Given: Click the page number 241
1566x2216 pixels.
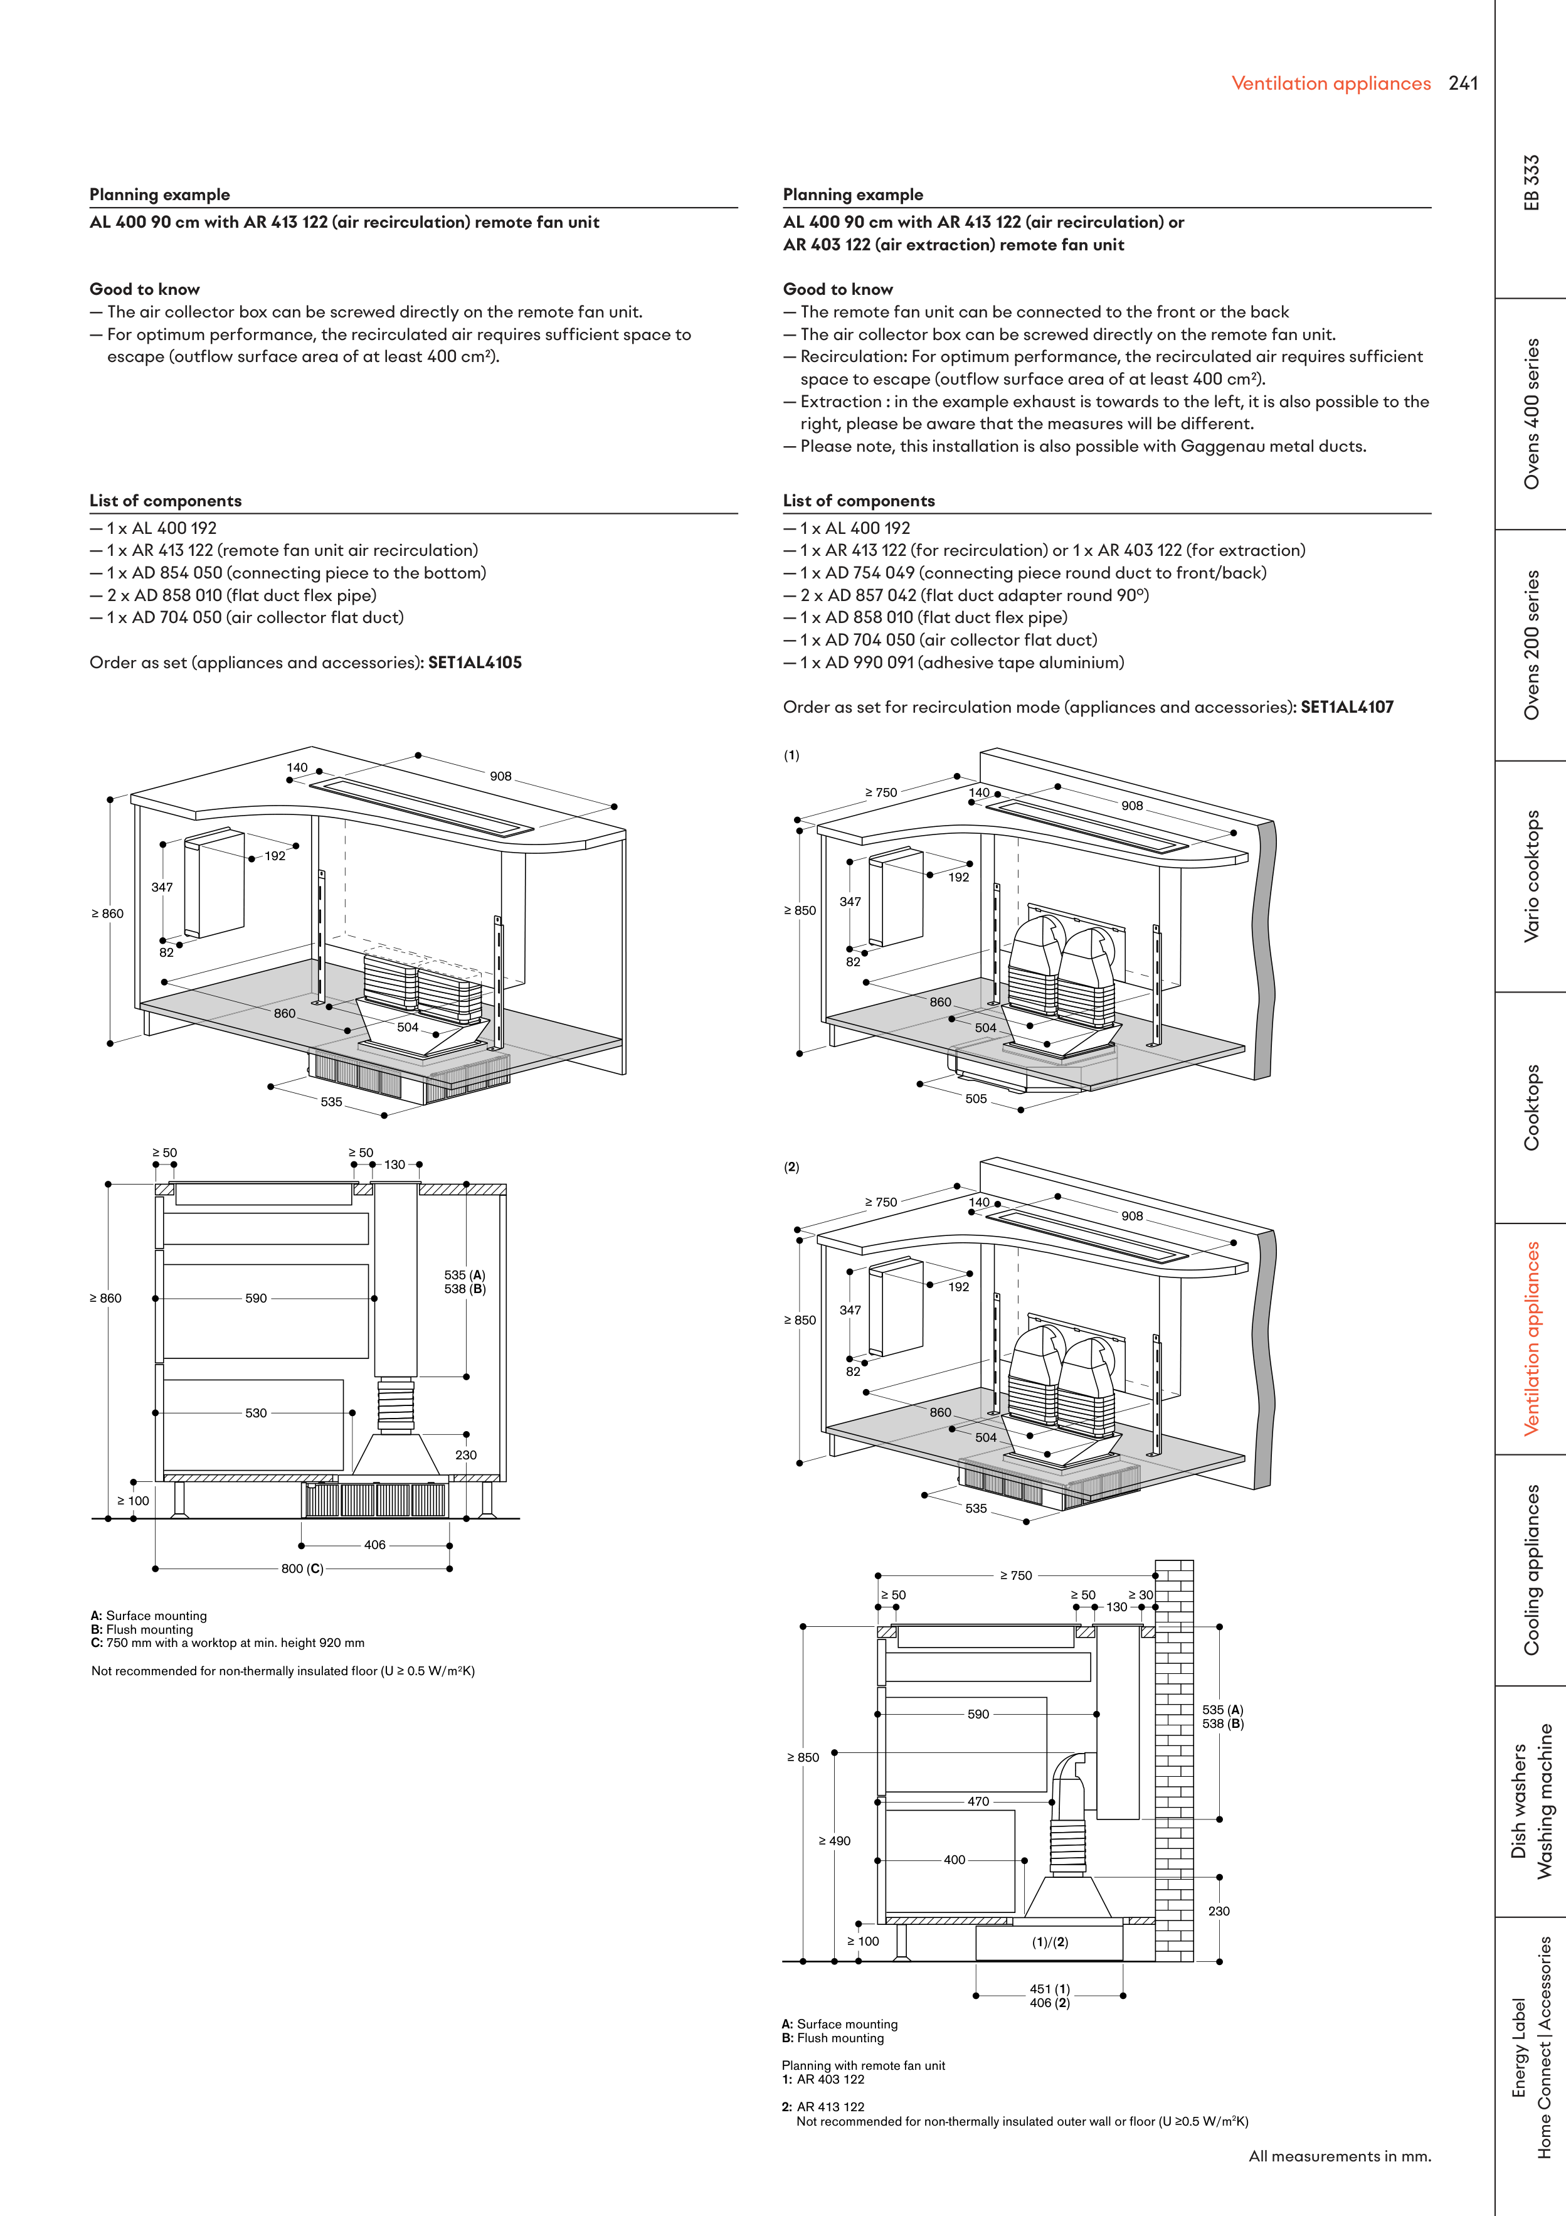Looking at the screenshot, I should coord(1462,84).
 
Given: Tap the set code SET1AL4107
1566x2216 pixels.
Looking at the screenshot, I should coord(1347,708).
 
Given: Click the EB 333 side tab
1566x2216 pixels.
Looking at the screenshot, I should coord(1532,183).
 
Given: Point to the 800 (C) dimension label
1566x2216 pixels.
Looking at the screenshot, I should coord(302,1569).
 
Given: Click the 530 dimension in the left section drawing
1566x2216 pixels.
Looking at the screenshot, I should coord(256,1413).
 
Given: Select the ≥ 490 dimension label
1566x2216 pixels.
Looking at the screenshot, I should coord(835,1841).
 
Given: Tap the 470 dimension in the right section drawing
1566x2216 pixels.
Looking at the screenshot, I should coord(978,1802).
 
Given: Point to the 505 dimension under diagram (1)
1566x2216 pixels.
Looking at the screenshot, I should coord(976,1099).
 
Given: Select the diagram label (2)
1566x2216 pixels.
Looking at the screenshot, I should coord(791,1167).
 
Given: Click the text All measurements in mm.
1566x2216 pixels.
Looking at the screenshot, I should coord(1339,2156).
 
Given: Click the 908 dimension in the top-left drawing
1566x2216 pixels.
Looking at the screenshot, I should coord(500,776).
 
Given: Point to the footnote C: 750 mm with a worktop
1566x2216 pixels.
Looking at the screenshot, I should coord(228,1643).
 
